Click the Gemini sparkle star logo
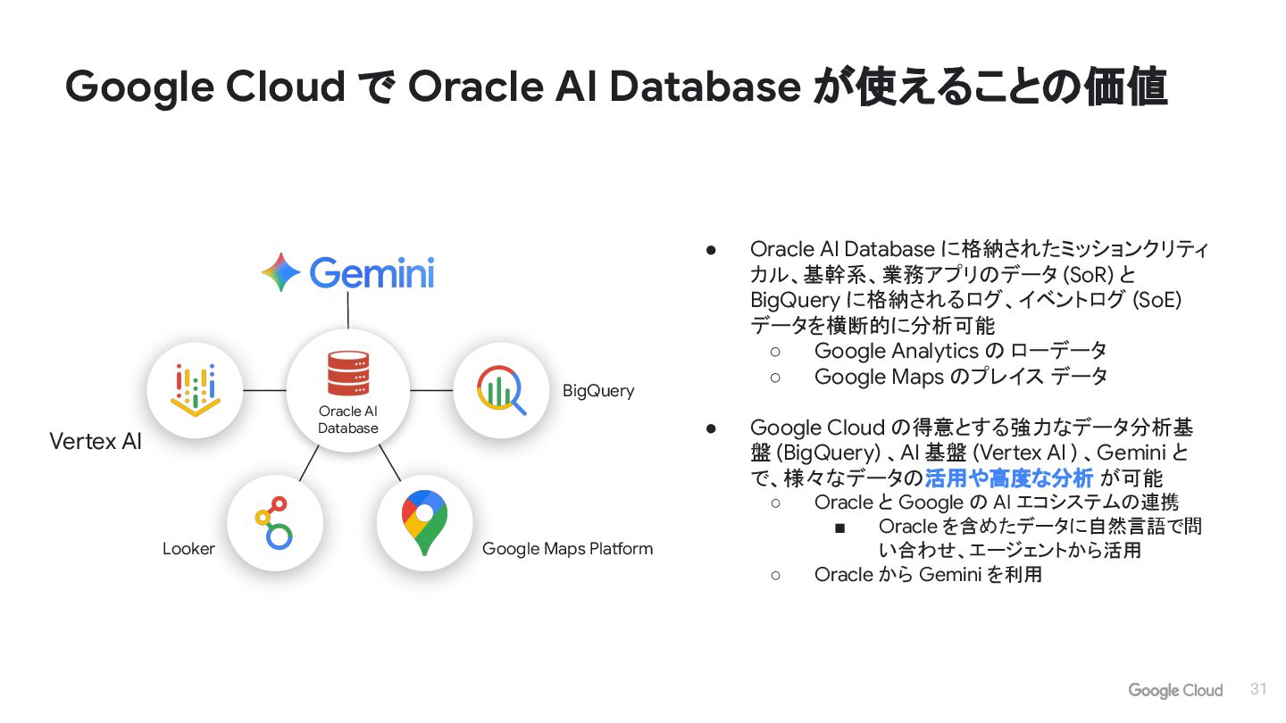(x=281, y=272)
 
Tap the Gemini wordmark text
(x=372, y=272)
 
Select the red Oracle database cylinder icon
(x=347, y=373)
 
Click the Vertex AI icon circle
(x=196, y=390)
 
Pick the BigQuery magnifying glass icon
(x=501, y=390)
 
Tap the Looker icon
(x=274, y=524)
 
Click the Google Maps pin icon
(x=424, y=524)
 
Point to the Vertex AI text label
(x=96, y=441)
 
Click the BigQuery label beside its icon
(x=598, y=391)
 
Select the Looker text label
(x=188, y=549)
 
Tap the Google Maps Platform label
(x=567, y=549)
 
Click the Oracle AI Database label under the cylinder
(x=348, y=420)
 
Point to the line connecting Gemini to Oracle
(x=347, y=311)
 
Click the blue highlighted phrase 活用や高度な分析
(x=1008, y=478)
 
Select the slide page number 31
(x=1259, y=689)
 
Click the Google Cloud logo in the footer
(x=1175, y=690)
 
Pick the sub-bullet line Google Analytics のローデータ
(x=960, y=351)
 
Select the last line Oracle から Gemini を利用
(x=928, y=575)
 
